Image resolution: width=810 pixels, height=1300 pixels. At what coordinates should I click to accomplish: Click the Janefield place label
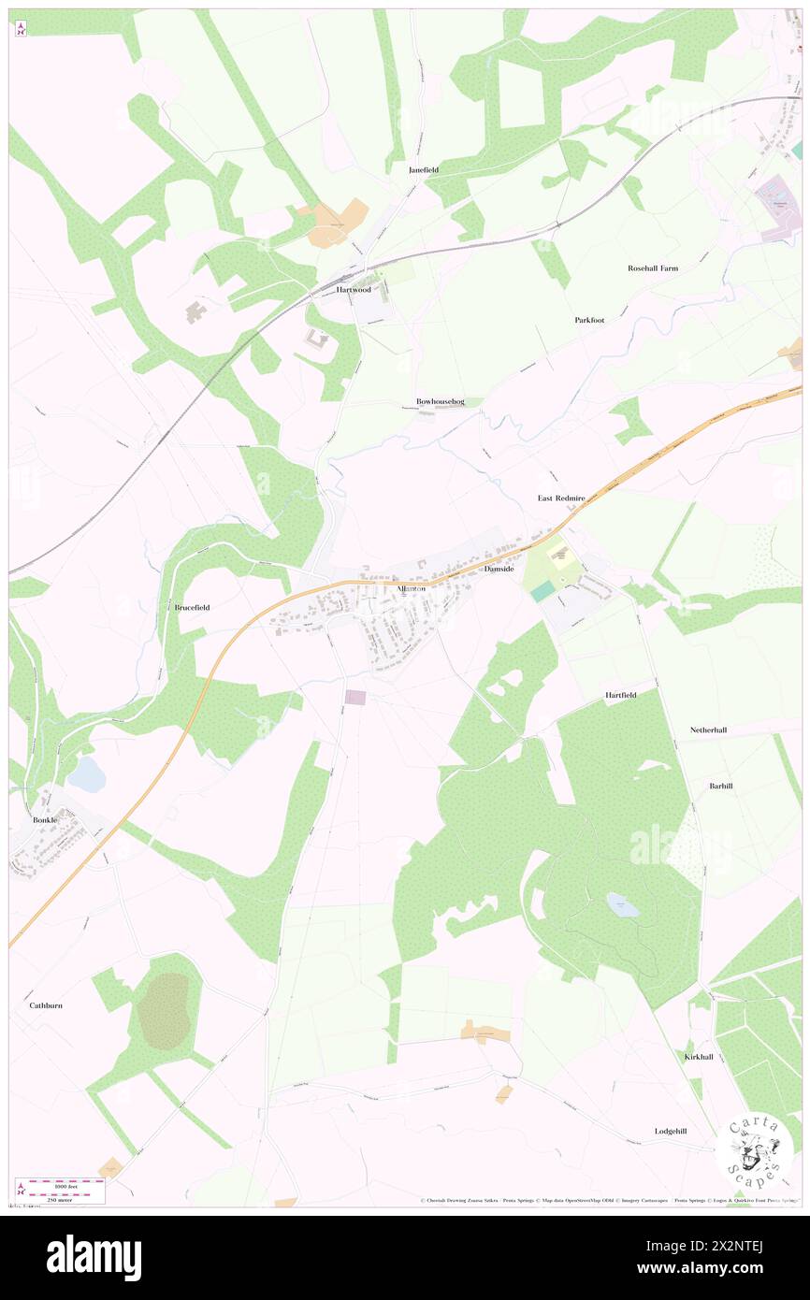(x=424, y=170)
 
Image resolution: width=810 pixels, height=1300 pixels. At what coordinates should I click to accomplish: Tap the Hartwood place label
(x=354, y=290)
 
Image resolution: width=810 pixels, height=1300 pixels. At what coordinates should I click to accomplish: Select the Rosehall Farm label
(x=653, y=268)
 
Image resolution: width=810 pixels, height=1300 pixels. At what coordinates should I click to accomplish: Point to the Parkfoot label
(x=589, y=320)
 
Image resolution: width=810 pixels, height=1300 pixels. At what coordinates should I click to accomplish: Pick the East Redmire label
(x=561, y=498)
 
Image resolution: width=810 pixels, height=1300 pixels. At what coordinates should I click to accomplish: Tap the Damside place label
(x=499, y=568)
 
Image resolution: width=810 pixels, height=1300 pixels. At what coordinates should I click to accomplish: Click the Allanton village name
(x=412, y=588)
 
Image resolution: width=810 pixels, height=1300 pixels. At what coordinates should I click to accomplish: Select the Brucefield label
(x=192, y=607)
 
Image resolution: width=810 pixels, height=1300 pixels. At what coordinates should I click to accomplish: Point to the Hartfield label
(x=620, y=695)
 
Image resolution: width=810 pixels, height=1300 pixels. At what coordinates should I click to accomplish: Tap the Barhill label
(x=720, y=786)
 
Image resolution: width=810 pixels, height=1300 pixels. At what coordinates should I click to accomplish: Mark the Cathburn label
(x=45, y=1005)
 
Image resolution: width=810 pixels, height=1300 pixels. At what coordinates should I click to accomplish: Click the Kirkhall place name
(x=699, y=1057)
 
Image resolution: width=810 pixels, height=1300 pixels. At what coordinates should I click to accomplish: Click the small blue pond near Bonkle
(x=86, y=774)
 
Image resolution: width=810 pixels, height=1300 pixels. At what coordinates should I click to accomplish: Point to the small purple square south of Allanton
(x=355, y=697)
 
